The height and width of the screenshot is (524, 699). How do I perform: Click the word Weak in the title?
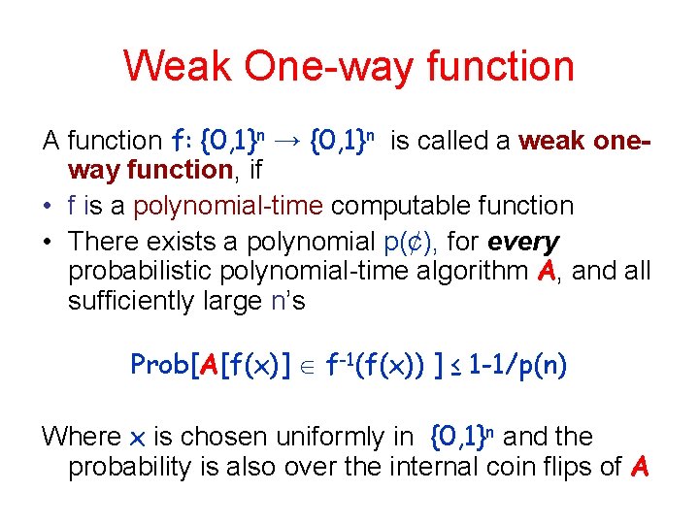177,67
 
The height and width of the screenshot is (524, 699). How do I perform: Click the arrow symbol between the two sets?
284,142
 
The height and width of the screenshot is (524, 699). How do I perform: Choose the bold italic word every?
525,240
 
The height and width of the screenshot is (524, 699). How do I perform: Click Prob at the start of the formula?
159,366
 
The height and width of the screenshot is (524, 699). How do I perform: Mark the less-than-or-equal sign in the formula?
456,367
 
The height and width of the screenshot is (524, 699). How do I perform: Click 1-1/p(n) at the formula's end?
517,366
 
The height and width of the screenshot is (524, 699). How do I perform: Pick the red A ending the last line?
638,468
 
